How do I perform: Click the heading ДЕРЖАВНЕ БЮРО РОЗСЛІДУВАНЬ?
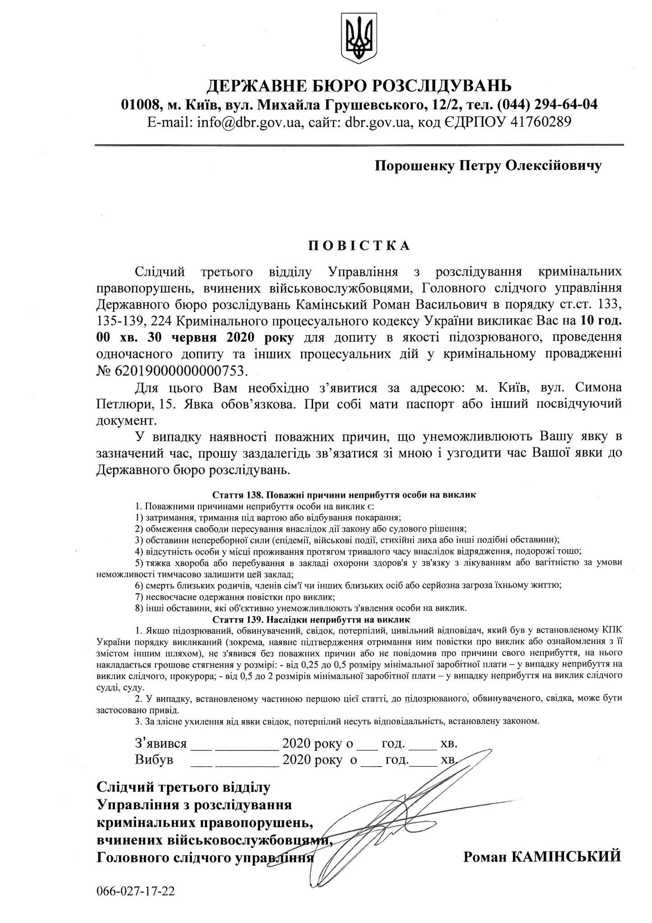pyautogui.click(x=359, y=85)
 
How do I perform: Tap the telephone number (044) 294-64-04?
pyautogui.click(x=547, y=105)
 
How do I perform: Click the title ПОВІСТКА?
pyautogui.click(x=359, y=245)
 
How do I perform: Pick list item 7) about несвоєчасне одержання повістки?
pyautogui.click(x=234, y=597)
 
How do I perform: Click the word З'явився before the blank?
pyautogui.click(x=160, y=743)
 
